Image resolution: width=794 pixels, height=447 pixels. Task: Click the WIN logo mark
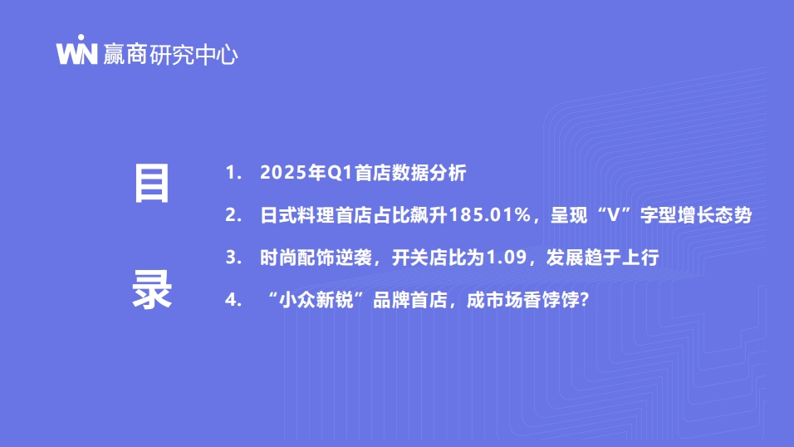pos(76,50)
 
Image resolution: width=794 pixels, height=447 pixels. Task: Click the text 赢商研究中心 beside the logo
pos(170,54)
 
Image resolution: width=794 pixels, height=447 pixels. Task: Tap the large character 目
pos(151,184)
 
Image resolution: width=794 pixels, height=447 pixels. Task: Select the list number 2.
pos(233,215)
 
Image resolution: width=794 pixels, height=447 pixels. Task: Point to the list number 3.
pos(233,258)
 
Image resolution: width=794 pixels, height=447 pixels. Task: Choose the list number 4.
pos(233,300)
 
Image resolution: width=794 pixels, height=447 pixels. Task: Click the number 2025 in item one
pos(283,173)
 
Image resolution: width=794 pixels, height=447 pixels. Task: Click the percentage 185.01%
pos(490,215)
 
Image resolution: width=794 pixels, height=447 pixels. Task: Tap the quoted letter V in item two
pos(613,215)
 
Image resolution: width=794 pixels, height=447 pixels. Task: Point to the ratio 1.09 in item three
pos(507,258)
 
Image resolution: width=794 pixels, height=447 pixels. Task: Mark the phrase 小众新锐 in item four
pos(316,300)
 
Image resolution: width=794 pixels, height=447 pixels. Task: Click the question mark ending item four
pos(585,300)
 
